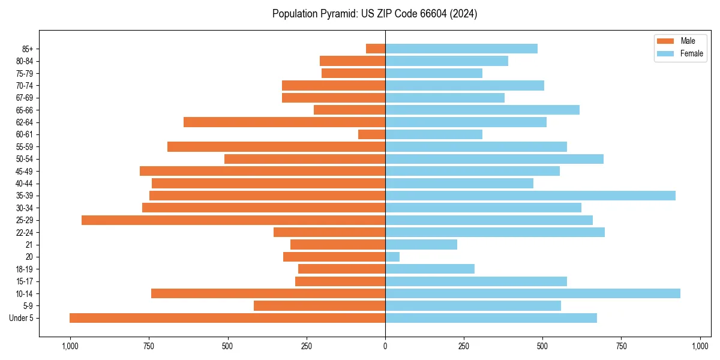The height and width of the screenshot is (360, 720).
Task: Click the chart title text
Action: pos(374,14)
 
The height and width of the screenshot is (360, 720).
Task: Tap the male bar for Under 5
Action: pos(227,318)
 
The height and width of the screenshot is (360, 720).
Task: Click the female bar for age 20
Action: pos(392,257)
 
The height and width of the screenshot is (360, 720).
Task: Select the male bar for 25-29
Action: pos(233,220)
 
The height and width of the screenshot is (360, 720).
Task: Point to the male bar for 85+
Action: pos(376,49)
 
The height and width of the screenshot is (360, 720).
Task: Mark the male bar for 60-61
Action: pos(371,134)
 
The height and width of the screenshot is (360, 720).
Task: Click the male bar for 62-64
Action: pos(284,122)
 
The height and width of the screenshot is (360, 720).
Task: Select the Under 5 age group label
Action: pos(21,318)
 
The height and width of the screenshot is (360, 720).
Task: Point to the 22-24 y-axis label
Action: pos(25,232)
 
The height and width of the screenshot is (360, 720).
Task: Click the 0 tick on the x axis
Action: pos(385,346)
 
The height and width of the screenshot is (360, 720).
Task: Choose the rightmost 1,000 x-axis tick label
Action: pos(700,346)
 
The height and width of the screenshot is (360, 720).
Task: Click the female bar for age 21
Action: pos(421,245)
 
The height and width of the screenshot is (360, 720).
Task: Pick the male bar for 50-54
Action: pos(305,159)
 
